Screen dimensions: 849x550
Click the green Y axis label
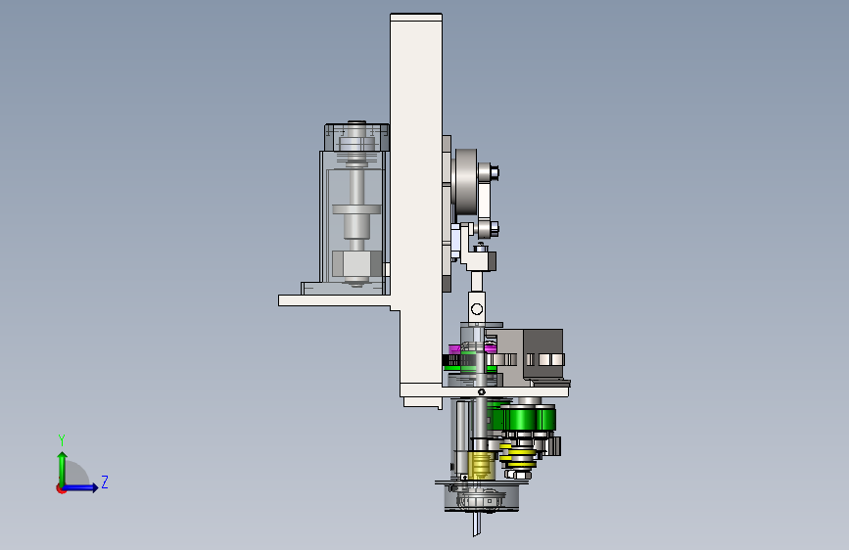pyautogui.click(x=62, y=440)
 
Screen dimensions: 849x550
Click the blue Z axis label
pyautogui.click(x=105, y=481)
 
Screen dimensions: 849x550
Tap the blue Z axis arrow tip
pyautogui.click(x=97, y=487)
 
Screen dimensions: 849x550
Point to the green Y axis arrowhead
pyautogui.click(x=63, y=456)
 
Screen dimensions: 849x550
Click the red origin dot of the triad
pyautogui.click(x=61, y=488)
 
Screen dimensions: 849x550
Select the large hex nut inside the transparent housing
pyautogui.click(x=355, y=264)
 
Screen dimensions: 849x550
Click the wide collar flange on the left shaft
pyautogui.click(x=356, y=210)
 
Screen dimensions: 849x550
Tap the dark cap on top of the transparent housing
pyautogui.click(x=356, y=137)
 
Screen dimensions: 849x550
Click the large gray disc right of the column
pyautogui.click(x=466, y=181)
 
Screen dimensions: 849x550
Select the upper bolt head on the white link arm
pyautogui.click(x=494, y=172)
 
